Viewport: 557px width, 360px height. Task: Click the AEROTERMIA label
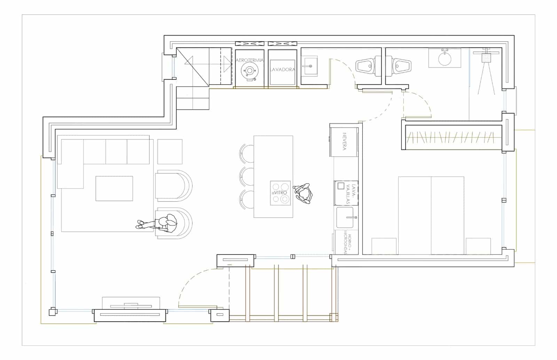click(250, 60)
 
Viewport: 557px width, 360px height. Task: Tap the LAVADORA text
click(282, 70)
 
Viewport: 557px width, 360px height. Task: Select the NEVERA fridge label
click(344, 141)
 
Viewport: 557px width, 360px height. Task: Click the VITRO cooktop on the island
click(281, 193)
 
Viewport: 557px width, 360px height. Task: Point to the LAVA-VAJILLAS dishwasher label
click(354, 194)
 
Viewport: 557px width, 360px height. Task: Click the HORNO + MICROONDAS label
click(346, 242)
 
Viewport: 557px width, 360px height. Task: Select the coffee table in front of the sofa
click(114, 188)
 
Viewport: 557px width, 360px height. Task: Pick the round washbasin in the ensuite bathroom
click(445, 59)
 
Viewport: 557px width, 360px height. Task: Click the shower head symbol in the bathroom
click(486, 57)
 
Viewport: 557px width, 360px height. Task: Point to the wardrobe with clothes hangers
click(453, 137)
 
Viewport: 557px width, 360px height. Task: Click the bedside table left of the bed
click(384, 246)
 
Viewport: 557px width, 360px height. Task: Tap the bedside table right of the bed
click(478, 246)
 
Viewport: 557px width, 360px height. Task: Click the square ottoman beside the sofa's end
click(170, 151)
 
